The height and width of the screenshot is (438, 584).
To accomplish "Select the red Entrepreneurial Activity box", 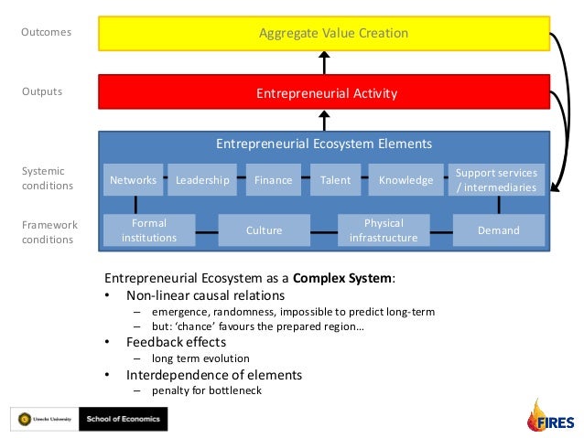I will (327, 93).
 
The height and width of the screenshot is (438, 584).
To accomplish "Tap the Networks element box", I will (133, 180).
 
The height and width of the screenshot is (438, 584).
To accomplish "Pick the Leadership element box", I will (202, 180).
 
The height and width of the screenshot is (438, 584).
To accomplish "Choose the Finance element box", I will (274, 180).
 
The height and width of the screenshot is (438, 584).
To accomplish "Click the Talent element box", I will (335, 180).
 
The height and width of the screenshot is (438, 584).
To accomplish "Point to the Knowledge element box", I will (406, 180).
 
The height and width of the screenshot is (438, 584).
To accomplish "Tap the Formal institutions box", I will (148, 230).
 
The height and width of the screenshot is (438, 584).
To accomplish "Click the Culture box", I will (264, 230).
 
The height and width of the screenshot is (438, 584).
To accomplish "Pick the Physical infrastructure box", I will (384, 230).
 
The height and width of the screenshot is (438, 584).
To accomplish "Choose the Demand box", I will (498, 230).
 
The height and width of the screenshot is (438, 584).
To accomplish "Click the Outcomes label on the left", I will (46, 33).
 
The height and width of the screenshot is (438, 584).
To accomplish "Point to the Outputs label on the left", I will (42, 91).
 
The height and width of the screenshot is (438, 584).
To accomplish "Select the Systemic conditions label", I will (47, 178).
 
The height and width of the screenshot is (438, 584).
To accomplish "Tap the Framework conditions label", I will (49, 232).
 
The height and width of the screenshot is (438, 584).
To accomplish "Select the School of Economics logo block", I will (123, 419).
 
